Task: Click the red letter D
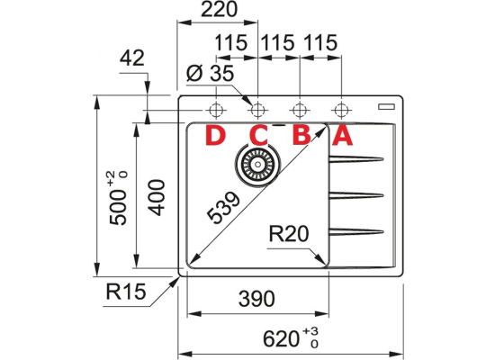click(x=216, y=136)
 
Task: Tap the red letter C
click(x=258, y=136)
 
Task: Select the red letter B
click(x=301, y=136)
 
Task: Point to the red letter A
click(x=342, y=136)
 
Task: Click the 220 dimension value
click(x=219, y=10)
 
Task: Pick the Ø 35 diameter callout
click(x=210, y=74)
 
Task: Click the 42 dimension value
click(x=132, y=58)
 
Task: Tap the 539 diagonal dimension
click(x=223, y=207)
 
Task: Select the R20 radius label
click(x=289, y=234)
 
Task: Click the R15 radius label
click(x=126, y=292)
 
